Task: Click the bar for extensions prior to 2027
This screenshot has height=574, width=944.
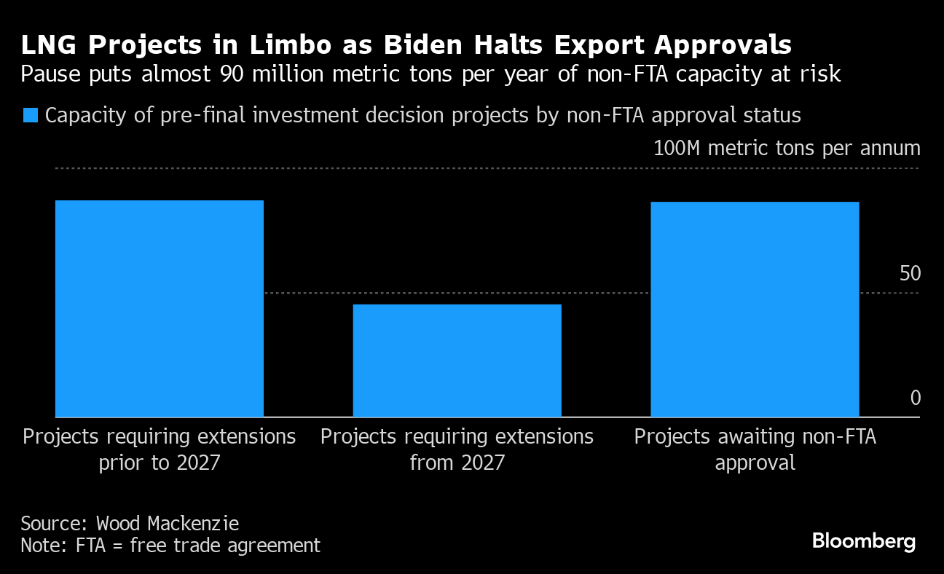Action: (159, 308)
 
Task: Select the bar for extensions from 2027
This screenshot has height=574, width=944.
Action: (457, 361)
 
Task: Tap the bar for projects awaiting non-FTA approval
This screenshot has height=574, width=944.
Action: (754, 309)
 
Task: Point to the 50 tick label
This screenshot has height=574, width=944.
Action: (910, 274)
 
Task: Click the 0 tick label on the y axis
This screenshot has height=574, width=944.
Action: (916, 398)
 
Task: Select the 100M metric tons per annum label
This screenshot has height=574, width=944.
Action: (787, 149)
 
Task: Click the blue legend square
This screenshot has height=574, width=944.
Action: (31, 115)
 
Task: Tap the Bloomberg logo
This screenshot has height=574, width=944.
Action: (863, 541)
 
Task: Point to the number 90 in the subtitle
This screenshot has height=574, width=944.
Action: (232, 74)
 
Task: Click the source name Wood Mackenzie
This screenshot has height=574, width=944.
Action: (168, 523)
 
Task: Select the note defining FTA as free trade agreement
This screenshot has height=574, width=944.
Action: (170, 546)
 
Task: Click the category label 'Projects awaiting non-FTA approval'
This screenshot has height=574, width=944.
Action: (755, 449)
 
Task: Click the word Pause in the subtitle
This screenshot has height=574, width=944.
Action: (47, 74)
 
